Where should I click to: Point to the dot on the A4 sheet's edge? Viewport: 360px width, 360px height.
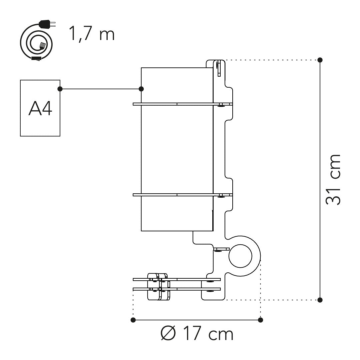tap(60, 89)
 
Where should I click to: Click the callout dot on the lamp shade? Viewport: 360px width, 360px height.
tap(141, 89)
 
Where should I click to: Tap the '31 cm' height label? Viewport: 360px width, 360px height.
tap(333, 180)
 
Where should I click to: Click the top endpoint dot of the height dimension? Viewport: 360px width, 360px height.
tap(320, 60)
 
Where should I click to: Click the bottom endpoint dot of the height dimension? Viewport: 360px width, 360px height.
tap(320, 300)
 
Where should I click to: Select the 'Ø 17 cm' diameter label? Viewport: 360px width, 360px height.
tap(197, 333)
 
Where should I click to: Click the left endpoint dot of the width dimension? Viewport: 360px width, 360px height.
tap(133, 320)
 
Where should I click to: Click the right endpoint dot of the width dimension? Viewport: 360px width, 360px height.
tap(261, 320)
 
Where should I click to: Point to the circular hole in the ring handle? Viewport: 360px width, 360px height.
tap(240, 256)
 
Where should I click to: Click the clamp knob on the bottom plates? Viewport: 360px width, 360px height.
tap(158, 287)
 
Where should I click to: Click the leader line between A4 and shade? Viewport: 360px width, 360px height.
tap(100, 89)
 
